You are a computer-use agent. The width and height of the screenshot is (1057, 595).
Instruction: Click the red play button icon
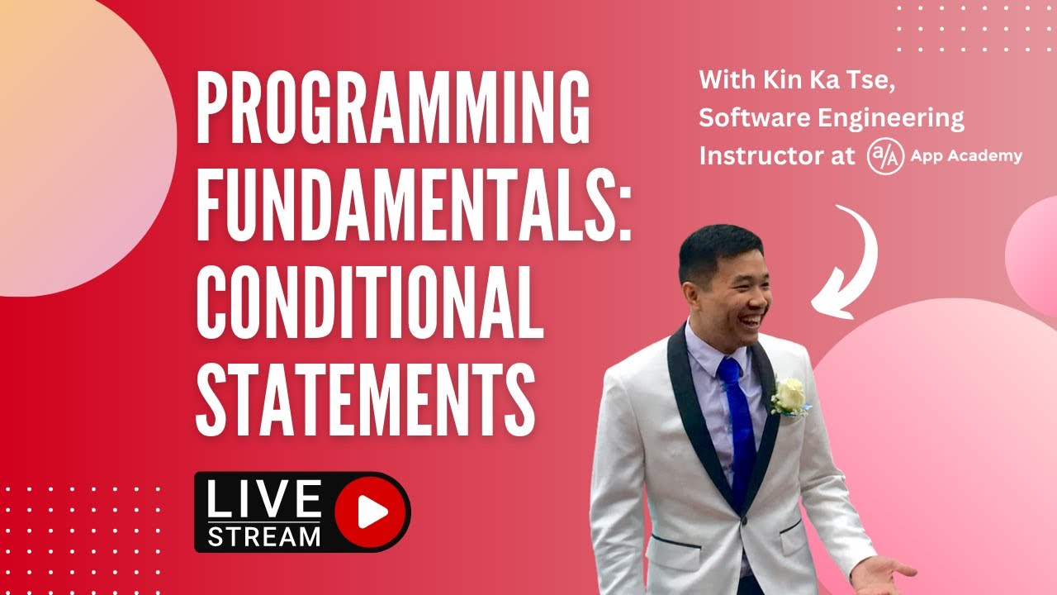372,512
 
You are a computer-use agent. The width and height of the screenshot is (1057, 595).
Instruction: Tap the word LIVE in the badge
263,500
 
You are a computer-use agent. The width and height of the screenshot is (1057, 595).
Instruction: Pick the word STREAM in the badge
263,536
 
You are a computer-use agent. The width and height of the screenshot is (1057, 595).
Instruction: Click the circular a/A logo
884,155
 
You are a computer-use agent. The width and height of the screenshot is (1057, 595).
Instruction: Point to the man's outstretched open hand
884,570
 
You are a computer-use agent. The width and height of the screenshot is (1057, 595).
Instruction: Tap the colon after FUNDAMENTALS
625,213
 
